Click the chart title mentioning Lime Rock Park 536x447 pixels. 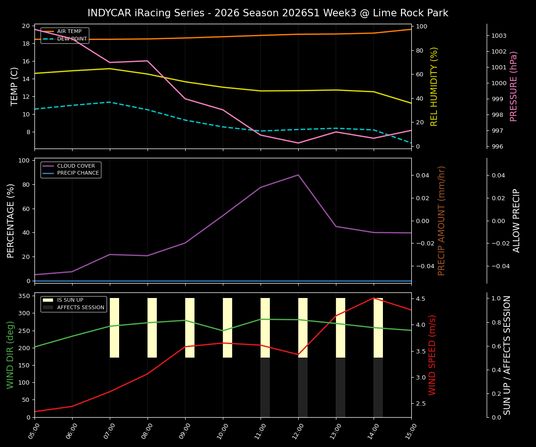coord(268,13)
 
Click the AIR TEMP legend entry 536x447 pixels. coord(69,32)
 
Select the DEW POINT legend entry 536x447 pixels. coord(72,39)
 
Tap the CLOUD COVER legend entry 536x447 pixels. coord(75,166)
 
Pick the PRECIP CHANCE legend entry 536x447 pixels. coord(78,173)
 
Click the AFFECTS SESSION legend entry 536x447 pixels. coord(80,308)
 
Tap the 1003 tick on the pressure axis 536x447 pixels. coord(499,36)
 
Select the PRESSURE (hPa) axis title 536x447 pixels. coord(514,86)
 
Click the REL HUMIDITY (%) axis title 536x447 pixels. coord(434,86)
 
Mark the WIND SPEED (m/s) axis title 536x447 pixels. coord(433,355)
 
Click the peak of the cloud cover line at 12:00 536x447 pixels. coord(298,175)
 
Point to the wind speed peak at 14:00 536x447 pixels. coord(374,298)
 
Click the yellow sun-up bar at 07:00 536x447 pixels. coord(114,328)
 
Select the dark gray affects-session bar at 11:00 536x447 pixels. coord(265,387)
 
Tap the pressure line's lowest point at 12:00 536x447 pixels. coord(298,143)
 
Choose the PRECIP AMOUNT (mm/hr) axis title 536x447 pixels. coord(442,221)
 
